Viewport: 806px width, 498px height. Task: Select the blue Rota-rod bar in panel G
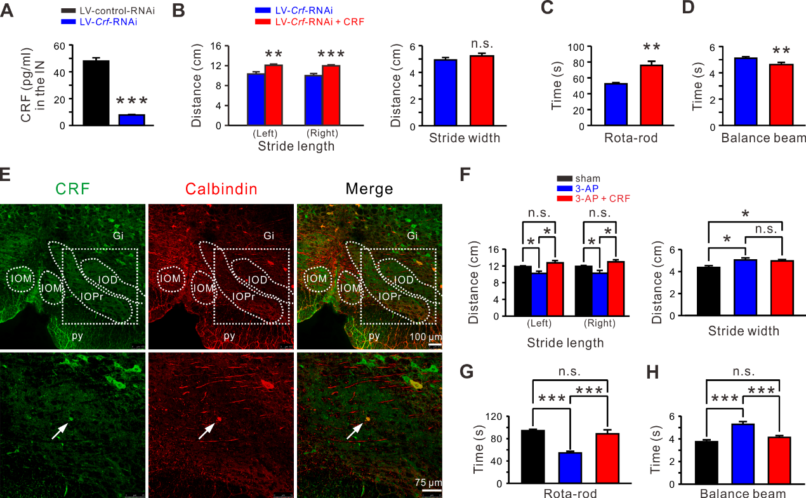click(571, 468)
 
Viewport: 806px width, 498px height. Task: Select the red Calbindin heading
click(222, 188)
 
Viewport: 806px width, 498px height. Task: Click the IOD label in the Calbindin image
click(258, 279)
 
